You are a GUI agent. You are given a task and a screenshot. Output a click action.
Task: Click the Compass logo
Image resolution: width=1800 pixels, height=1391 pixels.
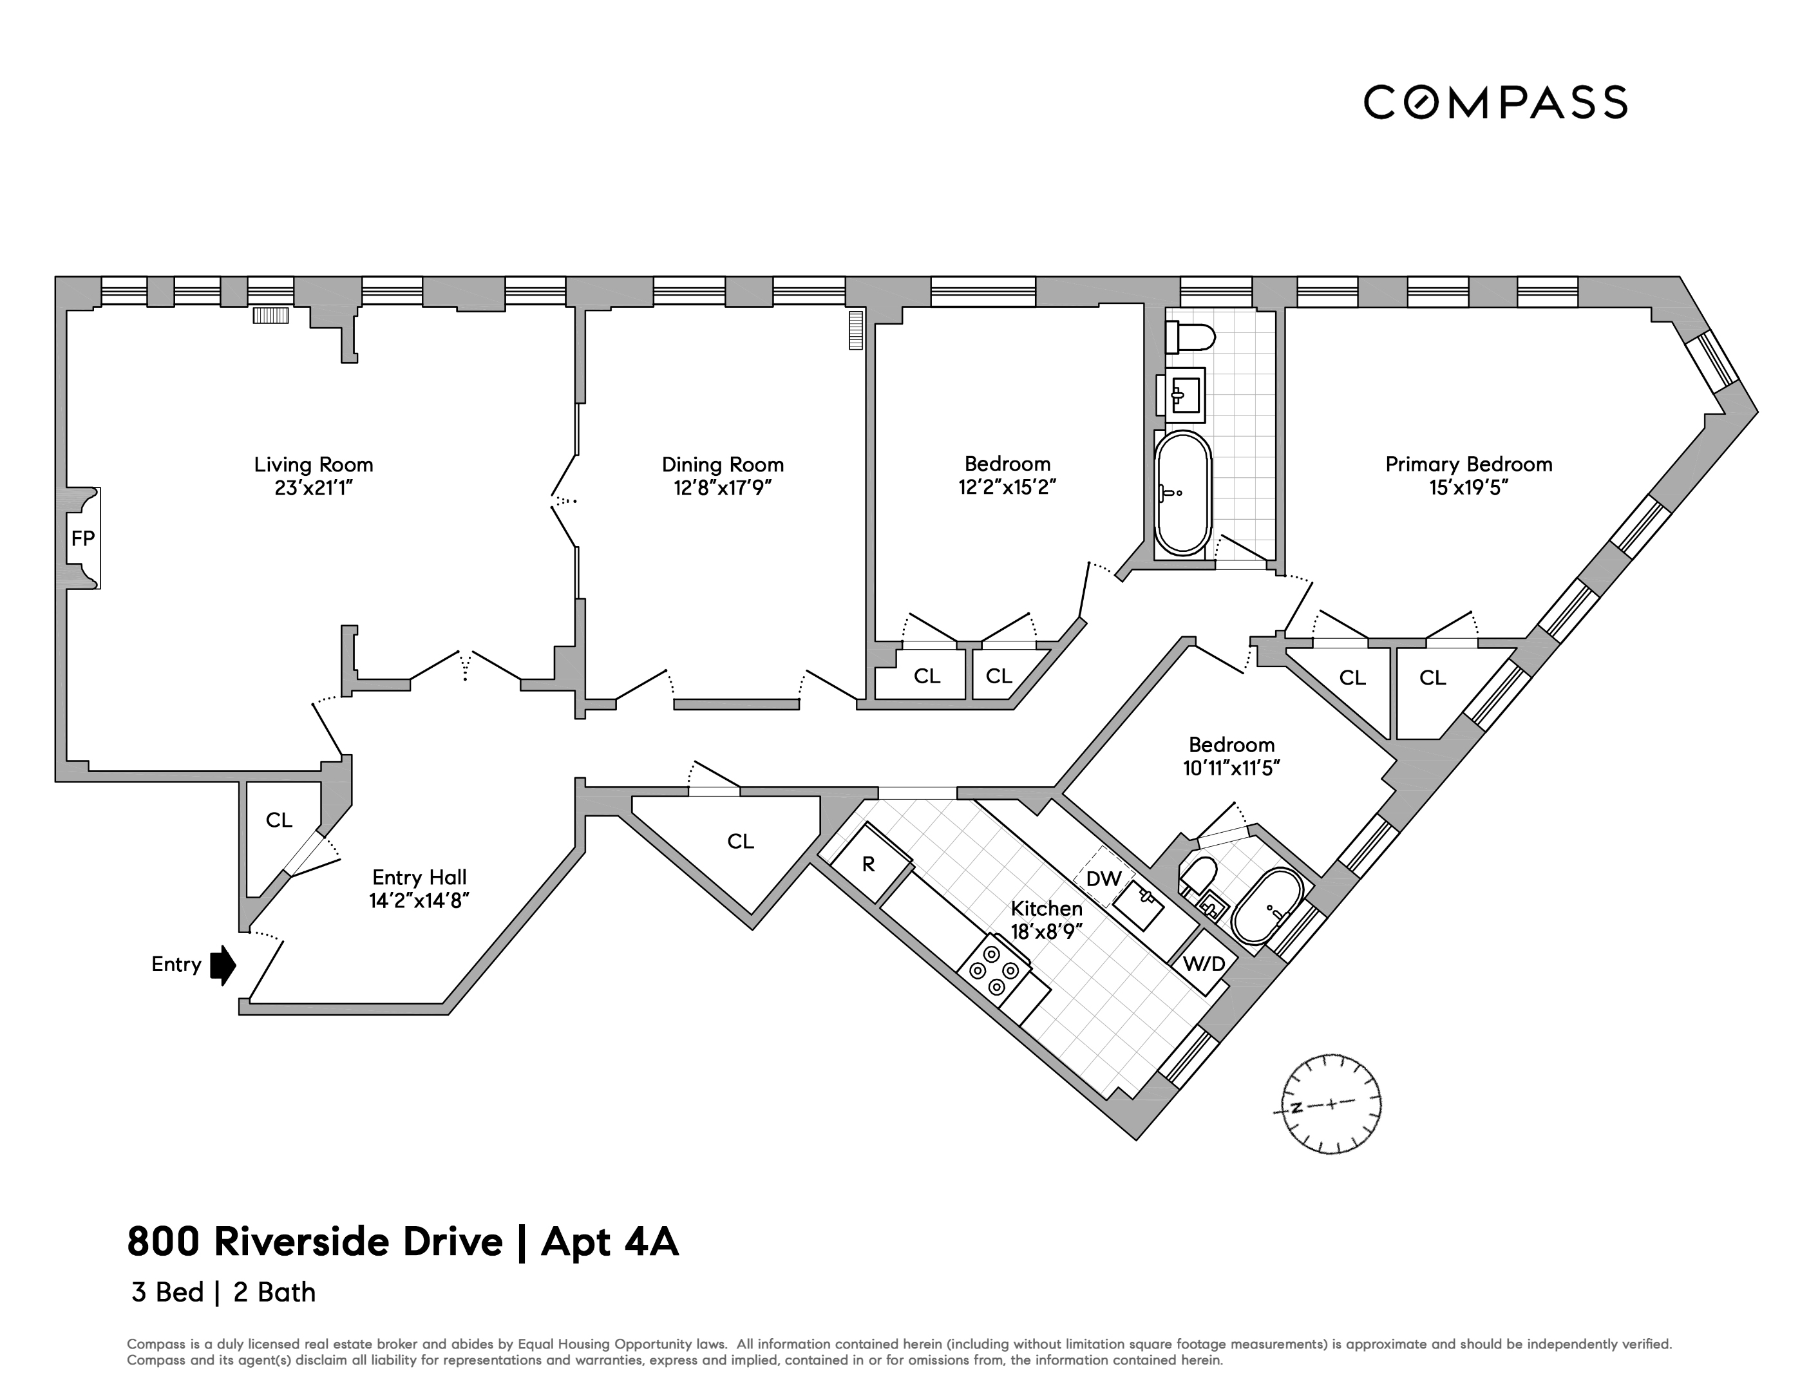pyautogui.click(x=1495, y=102)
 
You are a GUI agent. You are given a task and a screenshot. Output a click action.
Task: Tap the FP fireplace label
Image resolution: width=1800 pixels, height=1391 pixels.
pyautogui.click(x=83, y=538)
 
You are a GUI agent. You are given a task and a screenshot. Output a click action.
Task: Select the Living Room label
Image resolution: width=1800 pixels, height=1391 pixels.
pyautogui.click(x=313, y=465)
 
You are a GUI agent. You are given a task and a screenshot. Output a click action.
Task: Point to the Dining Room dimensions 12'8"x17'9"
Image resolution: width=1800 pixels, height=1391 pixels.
pyautogui.click(x=723, y=488)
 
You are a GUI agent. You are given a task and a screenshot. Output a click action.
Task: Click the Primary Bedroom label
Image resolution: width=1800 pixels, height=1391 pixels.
pyautogui.click(x=1469, y=465)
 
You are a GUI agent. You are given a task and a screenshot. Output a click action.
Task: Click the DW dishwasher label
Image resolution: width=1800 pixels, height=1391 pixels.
pyautogui.click(x=1104, y=878)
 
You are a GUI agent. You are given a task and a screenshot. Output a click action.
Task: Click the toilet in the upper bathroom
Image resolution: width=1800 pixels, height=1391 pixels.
pyautogui.click(x=1190, y=337)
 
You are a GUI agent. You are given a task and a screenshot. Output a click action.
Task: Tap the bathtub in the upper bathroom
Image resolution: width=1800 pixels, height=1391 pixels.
pyautogui.click(x=1182, y=493)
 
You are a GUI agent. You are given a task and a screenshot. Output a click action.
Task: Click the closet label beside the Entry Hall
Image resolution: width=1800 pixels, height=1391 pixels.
pyautogui.click(x=279, y=820)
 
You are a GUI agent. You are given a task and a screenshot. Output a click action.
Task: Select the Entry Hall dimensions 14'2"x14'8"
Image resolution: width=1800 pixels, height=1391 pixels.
pyautogui.click(x=419, y=901)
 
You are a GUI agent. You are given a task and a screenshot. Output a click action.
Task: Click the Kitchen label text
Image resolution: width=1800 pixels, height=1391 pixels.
pyautogui.click(x=1047, y=908)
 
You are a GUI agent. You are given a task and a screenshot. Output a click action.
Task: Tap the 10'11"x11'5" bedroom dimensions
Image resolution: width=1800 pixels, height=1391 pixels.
pyautogui.click(x=1231, y=768)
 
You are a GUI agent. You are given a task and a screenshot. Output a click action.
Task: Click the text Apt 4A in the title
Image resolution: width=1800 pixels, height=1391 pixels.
pyautogui.click(x=610, y=1242)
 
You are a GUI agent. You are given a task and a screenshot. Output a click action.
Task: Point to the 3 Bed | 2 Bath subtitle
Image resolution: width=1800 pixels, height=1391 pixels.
pyautogui.click(x=223, y=1292)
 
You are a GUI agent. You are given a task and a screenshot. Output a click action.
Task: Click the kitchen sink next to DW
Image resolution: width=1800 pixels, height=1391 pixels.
pyautogui.click(x=1138, y=904)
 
